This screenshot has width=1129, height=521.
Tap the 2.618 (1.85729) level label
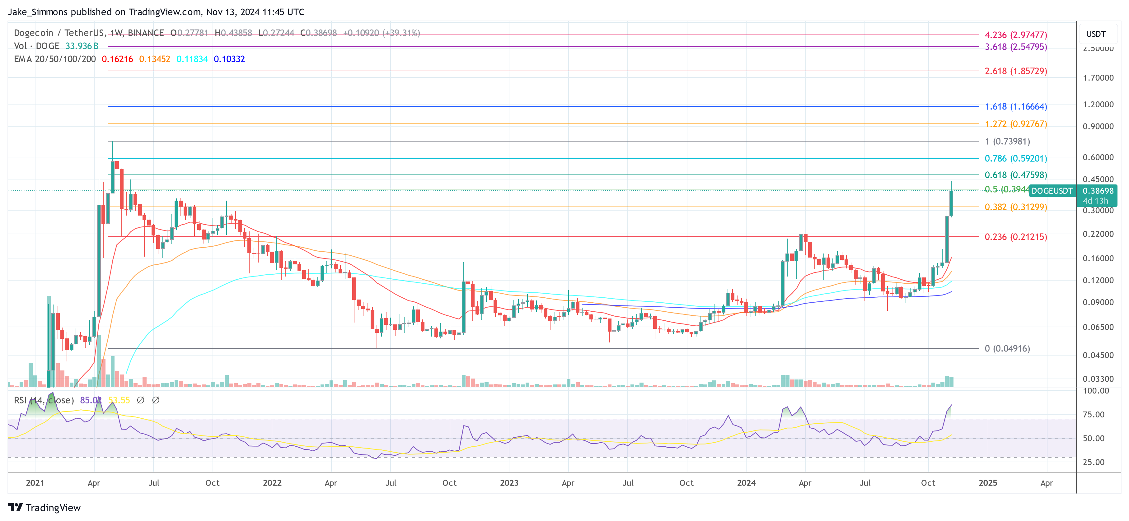click(1015, 71)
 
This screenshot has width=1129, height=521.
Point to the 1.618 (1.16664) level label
click(1015, 106)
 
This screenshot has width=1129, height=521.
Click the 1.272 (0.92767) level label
click(1015, 124)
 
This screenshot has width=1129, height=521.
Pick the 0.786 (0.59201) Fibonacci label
click(1015, 158)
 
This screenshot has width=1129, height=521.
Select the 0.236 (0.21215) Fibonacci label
click(1015, 237)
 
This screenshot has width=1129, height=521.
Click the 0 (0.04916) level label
click(1007, 348)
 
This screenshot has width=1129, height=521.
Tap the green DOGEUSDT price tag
click(1052, 191)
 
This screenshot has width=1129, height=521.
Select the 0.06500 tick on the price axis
click(1098, 327)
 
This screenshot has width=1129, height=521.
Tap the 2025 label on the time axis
click(987, 483)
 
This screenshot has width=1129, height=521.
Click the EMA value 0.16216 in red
click(117, 59)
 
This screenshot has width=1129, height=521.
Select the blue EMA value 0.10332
click(229, 59)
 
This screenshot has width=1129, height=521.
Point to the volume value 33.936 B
click(82, 46)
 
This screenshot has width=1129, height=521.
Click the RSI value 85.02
click(90, 400)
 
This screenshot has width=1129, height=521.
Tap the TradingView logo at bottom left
click(44, 507)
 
